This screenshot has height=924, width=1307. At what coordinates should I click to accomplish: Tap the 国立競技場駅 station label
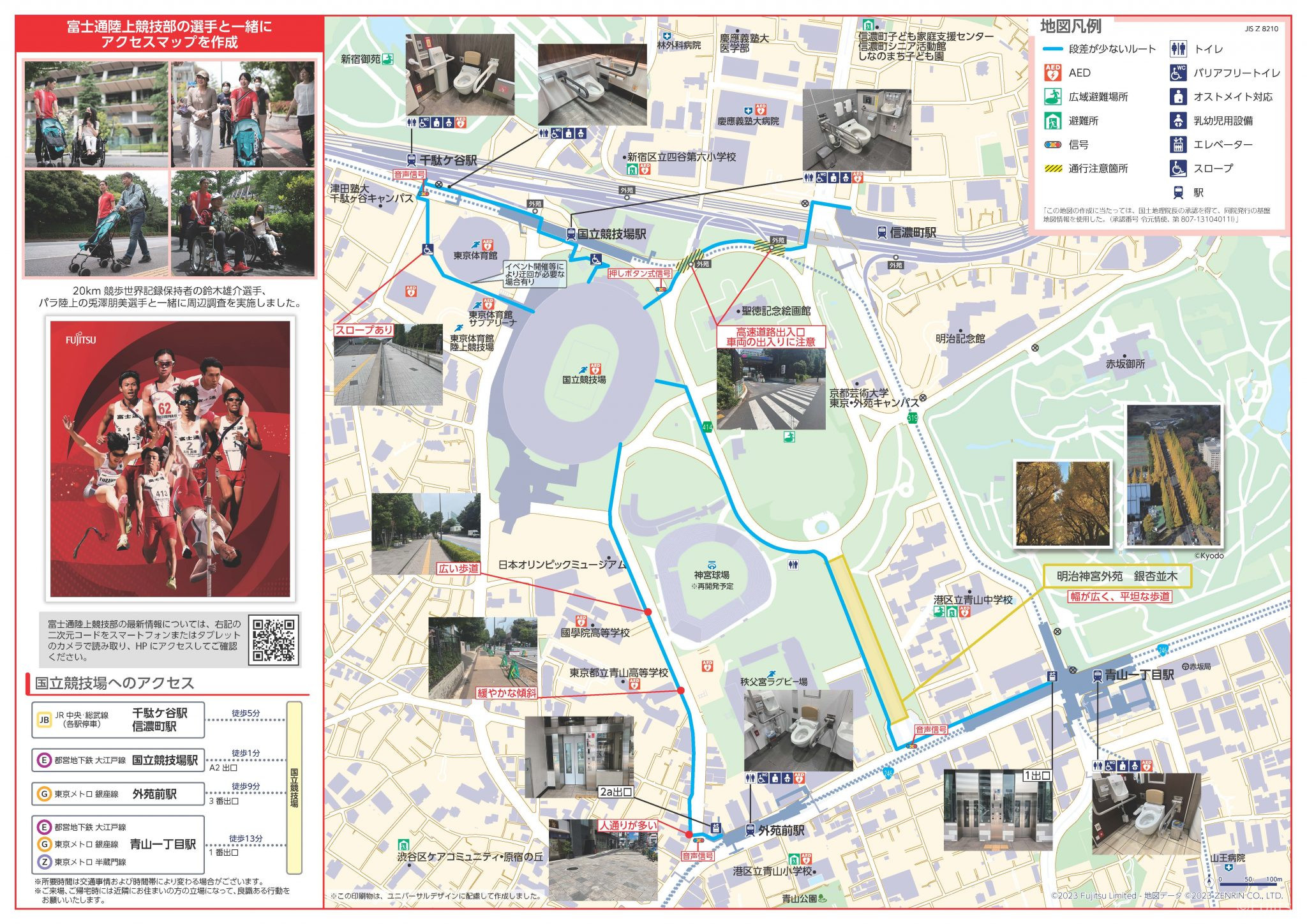point(611,234)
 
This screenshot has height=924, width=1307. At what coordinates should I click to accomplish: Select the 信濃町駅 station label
point(913,233)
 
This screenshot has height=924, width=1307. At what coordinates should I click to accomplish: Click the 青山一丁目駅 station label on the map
point(1139,675)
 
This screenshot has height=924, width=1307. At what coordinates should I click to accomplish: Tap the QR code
point(274,639)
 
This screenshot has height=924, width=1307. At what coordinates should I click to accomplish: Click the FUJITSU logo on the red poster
point(81,339)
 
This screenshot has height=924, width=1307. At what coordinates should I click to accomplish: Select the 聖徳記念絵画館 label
point(776,311)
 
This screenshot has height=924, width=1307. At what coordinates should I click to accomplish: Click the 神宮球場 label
point(712,575)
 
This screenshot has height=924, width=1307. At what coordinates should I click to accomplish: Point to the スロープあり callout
point(364,330)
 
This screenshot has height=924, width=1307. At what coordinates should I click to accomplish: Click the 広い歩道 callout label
point(458,568)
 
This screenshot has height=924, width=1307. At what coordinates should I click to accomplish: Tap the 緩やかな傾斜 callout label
point(507,693)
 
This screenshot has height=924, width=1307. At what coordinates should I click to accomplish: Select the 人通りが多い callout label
point(628,825)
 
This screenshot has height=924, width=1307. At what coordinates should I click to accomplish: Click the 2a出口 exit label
point(615,792)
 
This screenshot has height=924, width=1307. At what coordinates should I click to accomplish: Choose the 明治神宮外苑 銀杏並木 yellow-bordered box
point(1117,576)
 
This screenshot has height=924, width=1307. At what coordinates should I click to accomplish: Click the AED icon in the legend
point(1052,73)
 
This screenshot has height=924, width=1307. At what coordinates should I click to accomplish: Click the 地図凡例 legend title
point(1071,27)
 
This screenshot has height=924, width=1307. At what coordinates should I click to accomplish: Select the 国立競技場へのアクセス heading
point(114,683)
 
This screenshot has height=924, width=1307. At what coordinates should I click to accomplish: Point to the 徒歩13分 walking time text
point(246,838)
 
